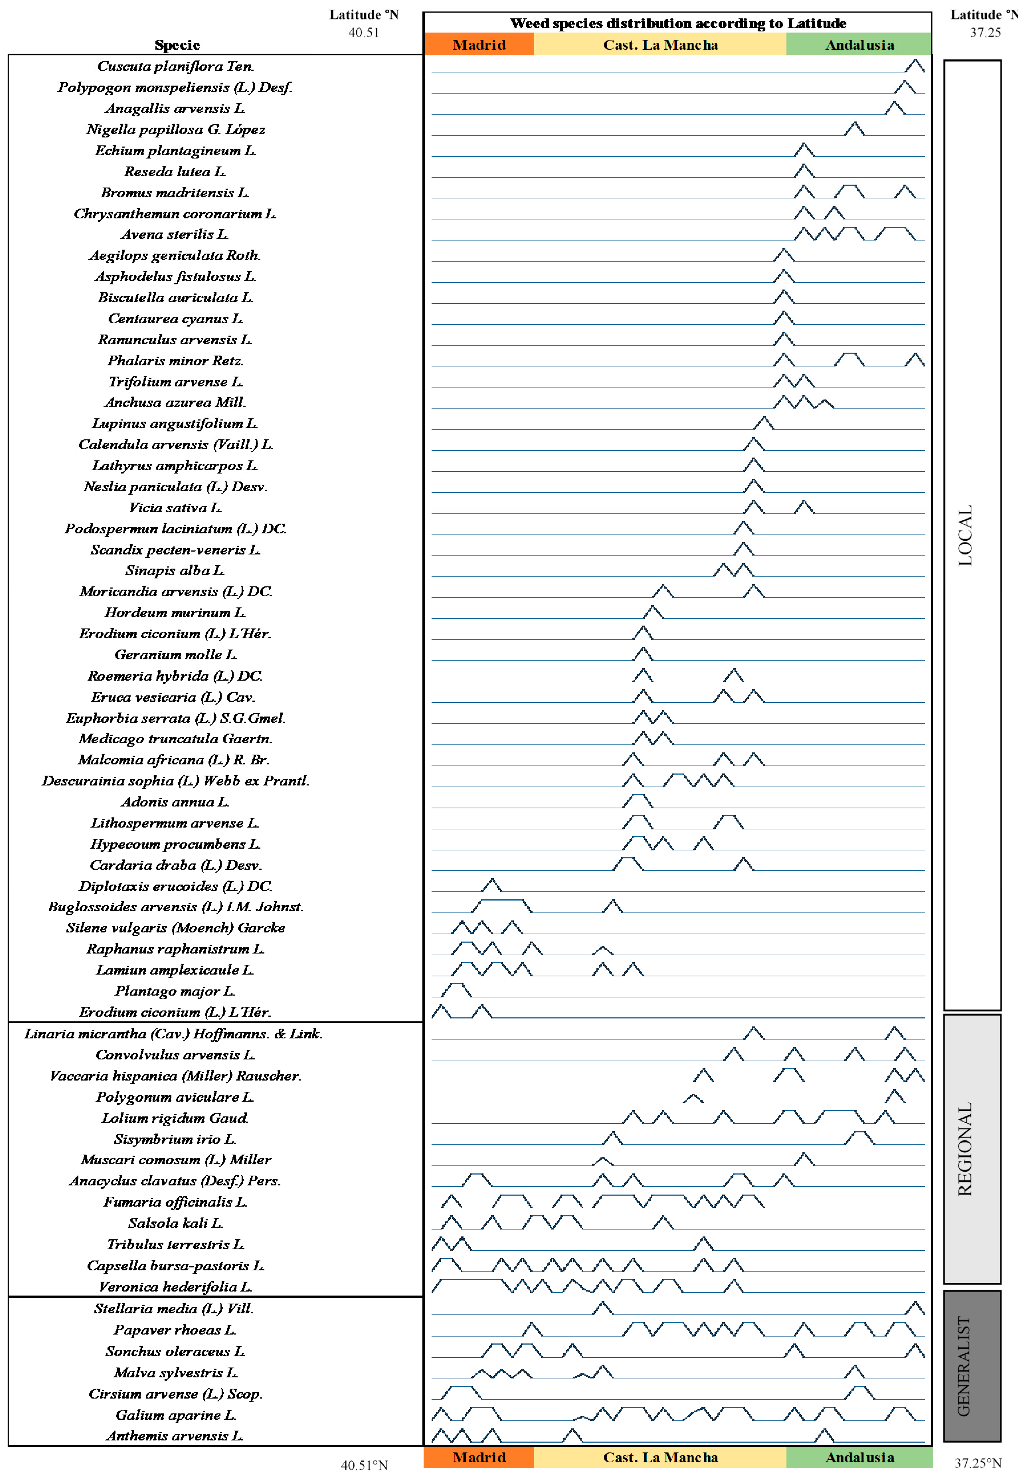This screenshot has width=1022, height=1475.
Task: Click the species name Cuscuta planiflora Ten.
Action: click(175, 66)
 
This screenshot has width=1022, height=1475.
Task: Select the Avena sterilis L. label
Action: click(175, 234)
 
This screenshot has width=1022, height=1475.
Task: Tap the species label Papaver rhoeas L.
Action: click(175, 1330)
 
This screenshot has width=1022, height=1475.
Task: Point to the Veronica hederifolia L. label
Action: click(175, 1287)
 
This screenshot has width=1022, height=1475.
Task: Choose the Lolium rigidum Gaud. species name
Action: click(175, 1118)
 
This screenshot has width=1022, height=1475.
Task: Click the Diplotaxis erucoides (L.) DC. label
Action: click(175, 887)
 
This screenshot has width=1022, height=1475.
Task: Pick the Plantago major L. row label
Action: click(175, 992)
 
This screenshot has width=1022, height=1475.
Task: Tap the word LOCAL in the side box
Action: click(965, 536)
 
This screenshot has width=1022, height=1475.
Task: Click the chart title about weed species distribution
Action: click(678, 24)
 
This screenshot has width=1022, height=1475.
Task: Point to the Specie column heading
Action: click(177, 45)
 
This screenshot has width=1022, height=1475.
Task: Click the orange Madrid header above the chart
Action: click(479, 45)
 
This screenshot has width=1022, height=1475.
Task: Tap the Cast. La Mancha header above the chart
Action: click(661, 45)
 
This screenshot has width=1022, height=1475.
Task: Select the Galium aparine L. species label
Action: click(175, 1415)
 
